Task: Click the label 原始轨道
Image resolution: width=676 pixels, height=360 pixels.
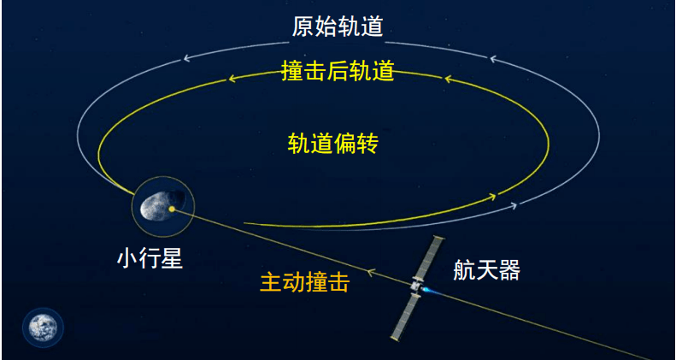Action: (x=338, y=27)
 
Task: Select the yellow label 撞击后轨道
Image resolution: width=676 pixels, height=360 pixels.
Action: (x=338, y=71)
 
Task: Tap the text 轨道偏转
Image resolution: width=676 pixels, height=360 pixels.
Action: (x=332, y=144)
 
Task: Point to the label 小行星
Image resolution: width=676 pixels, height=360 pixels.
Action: (x=150, y=259)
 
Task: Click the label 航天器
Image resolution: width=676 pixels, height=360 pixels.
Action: (x=487, y=270)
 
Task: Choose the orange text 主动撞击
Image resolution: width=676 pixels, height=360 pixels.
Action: (x=305, y=283)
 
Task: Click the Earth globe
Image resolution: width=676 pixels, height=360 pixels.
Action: (x=43, y=328)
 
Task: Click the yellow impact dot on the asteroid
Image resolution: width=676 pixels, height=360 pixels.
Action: (x=172, y=210)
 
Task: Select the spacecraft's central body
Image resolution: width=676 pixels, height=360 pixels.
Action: (x=416, y=286)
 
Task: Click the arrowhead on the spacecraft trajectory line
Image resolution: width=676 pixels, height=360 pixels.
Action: (x=370, y=273)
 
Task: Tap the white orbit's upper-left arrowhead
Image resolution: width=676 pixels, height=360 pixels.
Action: (x=187, y=58)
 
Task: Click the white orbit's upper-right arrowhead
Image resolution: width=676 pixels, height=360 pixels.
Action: (x=494, y=59)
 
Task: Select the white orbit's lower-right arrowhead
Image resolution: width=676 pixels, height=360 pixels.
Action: (x=512, y=205)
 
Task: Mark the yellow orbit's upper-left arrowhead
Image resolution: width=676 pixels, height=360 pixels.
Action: (x=232, y=79)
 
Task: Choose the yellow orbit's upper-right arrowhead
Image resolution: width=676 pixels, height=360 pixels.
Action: (x=449, y=79)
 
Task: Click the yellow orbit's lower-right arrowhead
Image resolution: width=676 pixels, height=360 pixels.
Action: (x=492, y=197)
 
